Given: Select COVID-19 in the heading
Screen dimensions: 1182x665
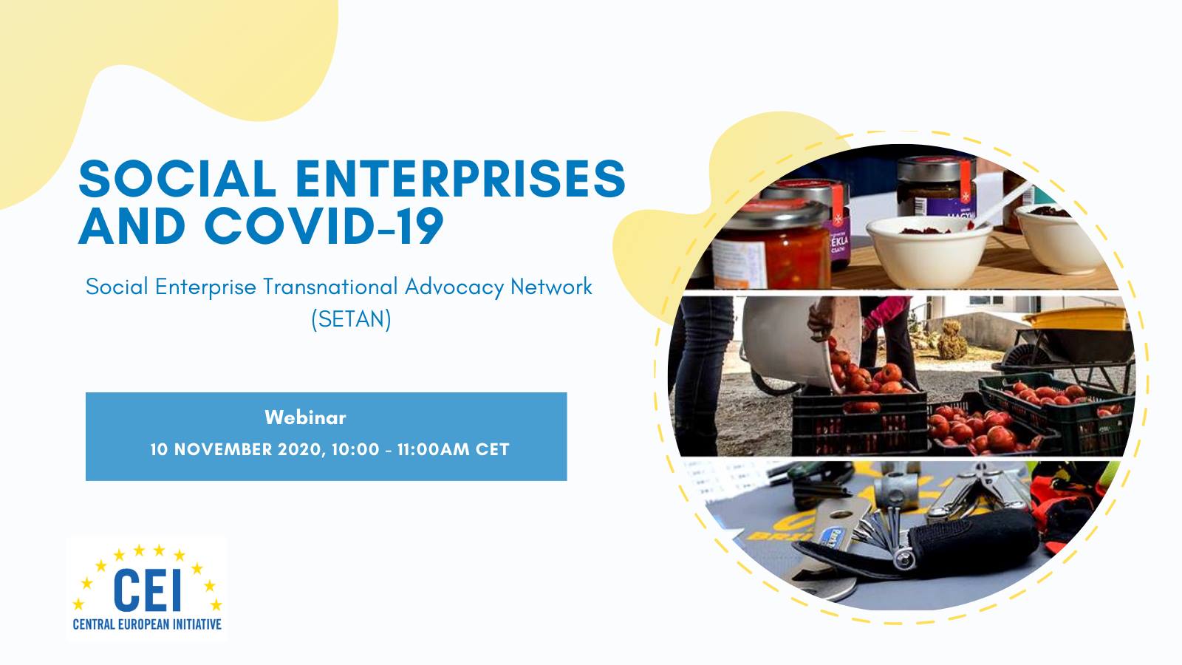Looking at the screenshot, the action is (x=324, y=226).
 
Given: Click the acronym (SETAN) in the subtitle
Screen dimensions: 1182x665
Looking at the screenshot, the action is (x=352, y=319).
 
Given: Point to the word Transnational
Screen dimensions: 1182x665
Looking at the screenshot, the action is (x=330, y=287).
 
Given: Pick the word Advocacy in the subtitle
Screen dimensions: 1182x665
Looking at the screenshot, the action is (x=454, y=287).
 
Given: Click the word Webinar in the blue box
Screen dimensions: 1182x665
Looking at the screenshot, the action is (x=306, y=417).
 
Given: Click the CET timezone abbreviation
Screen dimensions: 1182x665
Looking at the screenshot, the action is (x=492, y=449).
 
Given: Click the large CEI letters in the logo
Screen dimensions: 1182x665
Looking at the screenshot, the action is (x=148, y=590).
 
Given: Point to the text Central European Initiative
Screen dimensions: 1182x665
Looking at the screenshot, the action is (x=147, y=625).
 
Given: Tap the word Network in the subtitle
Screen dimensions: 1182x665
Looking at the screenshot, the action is (x=551, y=287).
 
